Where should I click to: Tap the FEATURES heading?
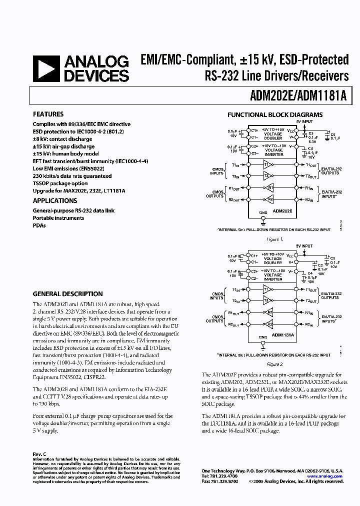(x=48, y=114)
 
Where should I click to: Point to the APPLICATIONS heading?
(x=55, y=200)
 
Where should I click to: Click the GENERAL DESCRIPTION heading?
(x=67, y=294)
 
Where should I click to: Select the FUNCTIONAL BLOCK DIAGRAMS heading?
(x=275, y=114)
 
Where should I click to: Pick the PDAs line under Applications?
(x=39, y=225)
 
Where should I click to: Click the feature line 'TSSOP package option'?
(x=60, y=183)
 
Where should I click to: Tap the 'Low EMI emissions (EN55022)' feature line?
(x=72, y=168)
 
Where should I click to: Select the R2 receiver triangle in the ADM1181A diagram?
(x=269, y=324)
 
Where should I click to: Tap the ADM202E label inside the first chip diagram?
(x=282, y=211)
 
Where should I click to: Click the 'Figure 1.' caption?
(x=275, y=239)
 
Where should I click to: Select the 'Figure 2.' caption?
(x=275, y=364)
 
